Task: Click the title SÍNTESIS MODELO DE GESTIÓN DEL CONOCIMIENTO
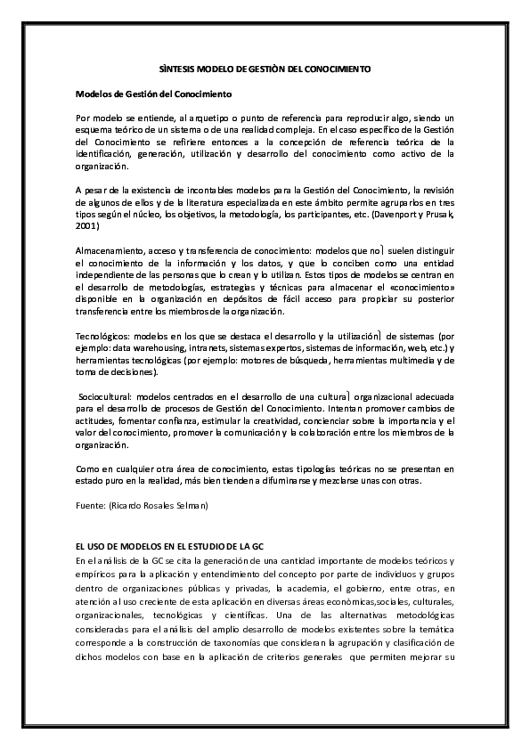coord(265,69)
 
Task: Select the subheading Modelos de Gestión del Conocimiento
coord(153,93)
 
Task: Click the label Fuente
coord(90,504)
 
